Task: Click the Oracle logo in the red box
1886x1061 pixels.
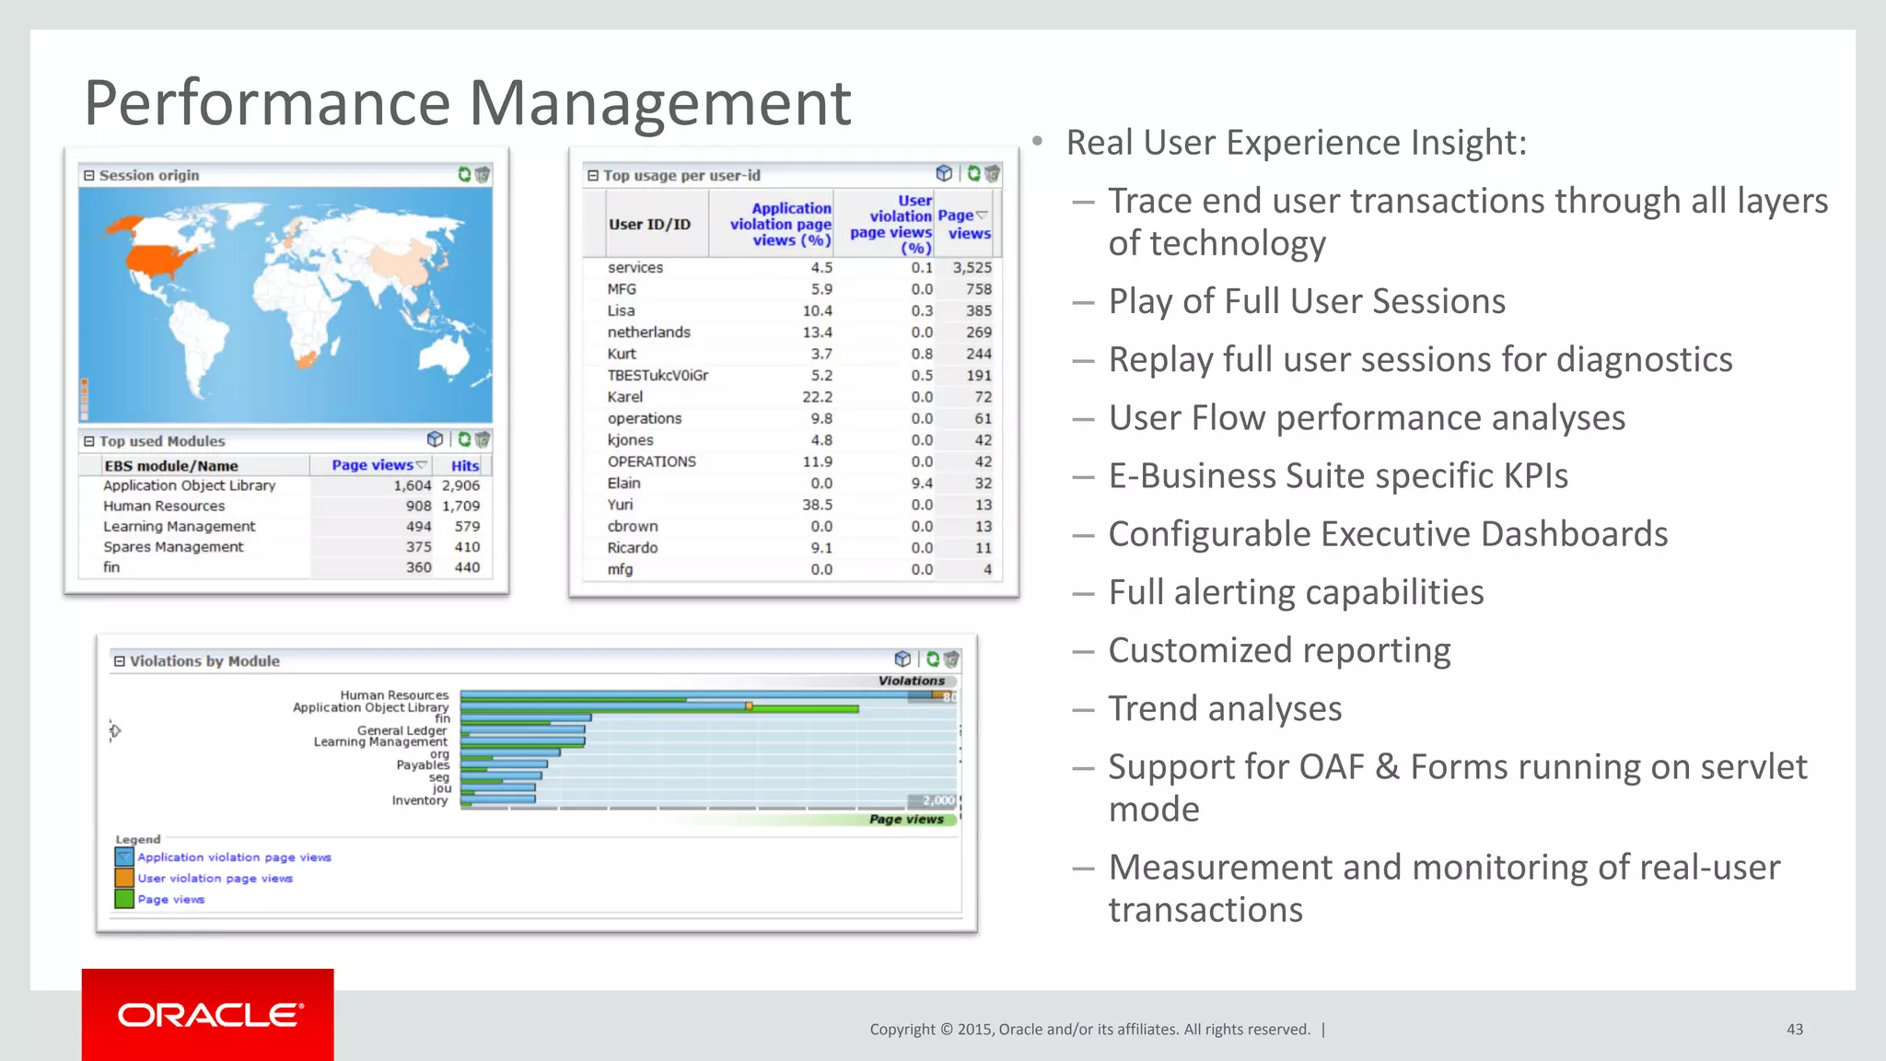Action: [209, 1015]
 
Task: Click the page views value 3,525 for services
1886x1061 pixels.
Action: [972, 268]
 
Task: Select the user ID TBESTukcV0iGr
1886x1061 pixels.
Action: [658, 376]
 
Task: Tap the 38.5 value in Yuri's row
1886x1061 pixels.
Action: [816, 505]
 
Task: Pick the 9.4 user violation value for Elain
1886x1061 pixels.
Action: [921, 484]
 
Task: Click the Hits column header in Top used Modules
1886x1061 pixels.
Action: [464, 466]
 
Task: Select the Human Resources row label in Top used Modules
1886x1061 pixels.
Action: [164, 507]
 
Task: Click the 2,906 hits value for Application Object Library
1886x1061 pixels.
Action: [460, 486]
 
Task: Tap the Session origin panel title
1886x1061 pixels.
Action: [148, 176]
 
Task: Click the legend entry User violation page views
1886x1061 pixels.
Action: [215, 879]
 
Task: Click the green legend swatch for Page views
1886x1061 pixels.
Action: [123, 899]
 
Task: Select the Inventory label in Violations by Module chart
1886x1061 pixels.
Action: [419, 800]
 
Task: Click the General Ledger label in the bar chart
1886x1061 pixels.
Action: [402, 730]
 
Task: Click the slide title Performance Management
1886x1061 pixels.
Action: [467, 102]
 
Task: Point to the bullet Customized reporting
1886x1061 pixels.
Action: [1278, 650]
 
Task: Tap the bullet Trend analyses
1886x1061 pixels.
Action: [1224, 708]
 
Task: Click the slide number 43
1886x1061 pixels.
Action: [1794, 1030]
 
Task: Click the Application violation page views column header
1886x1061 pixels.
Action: [780, 225]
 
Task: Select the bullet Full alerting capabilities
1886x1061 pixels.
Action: [1296, 592]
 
